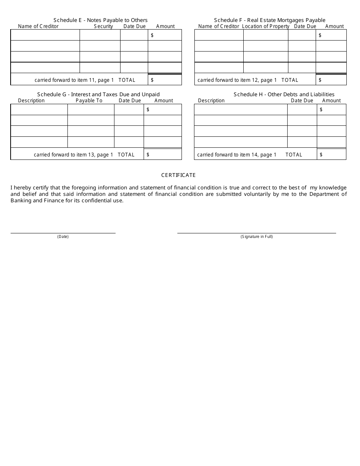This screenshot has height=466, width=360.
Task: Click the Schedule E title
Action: (x=100, y=20)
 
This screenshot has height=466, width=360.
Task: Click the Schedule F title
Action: (x=269, y=20)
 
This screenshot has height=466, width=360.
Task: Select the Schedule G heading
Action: (x=98, y=94)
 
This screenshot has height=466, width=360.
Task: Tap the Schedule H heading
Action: (x=284, y=94)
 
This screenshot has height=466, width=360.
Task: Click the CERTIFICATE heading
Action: (x=178, y=175)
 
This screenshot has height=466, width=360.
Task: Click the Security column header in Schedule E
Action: (x=103, y=27)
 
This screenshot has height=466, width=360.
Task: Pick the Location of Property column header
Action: (x=265, y=27)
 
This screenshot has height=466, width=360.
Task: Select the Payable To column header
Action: (x=89, y=101)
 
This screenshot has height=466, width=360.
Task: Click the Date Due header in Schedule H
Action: (x=302, y=101)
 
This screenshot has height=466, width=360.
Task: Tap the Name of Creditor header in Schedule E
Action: (x=38, y=27)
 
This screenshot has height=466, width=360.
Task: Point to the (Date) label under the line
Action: (x=63, y=237)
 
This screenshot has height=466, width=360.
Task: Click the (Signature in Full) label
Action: (x=257, y=237)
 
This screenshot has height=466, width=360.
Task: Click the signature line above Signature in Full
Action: (x=257, y=233)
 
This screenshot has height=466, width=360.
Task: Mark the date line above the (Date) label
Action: (x=63, y=233)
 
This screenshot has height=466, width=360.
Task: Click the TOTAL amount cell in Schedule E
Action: (x=165, y=80)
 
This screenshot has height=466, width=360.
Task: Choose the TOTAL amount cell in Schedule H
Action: (x=332, y=155)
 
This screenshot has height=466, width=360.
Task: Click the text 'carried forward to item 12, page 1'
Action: (x=237, y=80)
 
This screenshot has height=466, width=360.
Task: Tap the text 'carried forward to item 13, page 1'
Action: (x=74, y=155)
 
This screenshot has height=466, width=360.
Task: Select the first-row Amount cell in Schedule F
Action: (x=331, y=35)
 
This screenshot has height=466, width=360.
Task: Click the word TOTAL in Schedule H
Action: (x=294, y=155)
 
